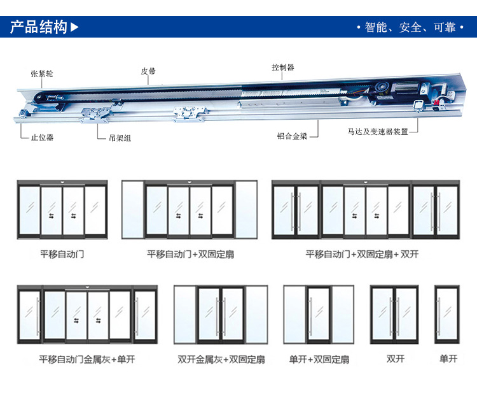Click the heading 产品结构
(x=38, y=27)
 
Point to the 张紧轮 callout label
(x=42, y=74)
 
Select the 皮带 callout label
(x=148, y=71)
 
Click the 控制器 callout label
(x=282, y=68)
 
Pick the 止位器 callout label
(x=42, y=137)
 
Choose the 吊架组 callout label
(x=120, y=138)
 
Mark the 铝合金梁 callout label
(x=292, y=136)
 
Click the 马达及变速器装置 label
(x=378, y=132)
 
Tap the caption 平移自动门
(x=62, y=254)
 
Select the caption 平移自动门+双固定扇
(x=190, y=254)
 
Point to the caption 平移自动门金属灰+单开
(x=87, y=359)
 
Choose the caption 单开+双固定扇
(x=319, y=359)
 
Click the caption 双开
(x=396, y=359)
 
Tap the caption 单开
(x=448, y=359)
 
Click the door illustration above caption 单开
(x=447, y=315)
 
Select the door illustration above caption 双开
(x=396, y=315)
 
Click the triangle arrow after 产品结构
(x=75, y=27)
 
